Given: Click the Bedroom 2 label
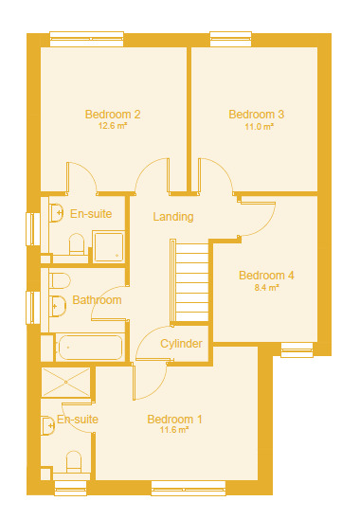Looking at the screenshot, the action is [x=113, y=115].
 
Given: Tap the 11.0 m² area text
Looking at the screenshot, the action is [x=259, y=127].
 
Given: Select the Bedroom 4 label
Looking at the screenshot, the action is [x=266, y=275].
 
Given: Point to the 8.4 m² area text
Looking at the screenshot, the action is [x=266, y=287].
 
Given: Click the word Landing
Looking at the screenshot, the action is [x=173, y=217].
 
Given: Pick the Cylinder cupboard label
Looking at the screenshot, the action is [x=181, y=344].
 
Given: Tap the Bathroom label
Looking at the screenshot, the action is [x=97, y=300].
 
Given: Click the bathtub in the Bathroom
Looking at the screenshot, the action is [x=90, y=348].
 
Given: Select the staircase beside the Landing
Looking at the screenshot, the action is [x=189, y=281].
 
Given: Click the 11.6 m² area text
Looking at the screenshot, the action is [x=174, y=430].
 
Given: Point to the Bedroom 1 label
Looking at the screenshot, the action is [x=174, y=419].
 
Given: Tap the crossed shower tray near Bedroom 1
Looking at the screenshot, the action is [x=66, y=382].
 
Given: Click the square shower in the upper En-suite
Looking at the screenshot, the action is [x=108, y=246].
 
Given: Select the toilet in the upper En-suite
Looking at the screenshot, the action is [x=77, y=244].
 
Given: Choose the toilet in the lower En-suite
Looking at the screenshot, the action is [x=74, y=462].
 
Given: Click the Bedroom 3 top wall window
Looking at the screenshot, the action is [x=231, y=39].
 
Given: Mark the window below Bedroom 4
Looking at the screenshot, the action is [x=297, y=350].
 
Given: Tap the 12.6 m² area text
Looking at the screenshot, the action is [x=113, y=126].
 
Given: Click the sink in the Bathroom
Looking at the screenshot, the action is [x=57, y=306].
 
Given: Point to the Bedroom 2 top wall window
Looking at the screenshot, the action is [x=87, y=39].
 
